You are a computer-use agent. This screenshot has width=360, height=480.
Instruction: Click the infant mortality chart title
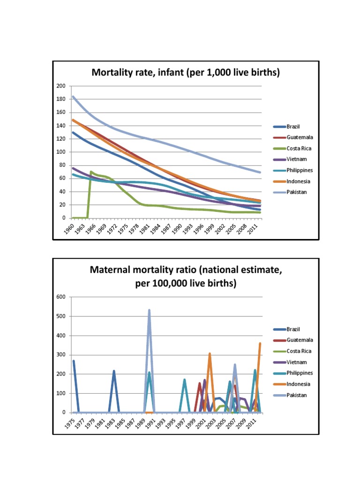[186, 73]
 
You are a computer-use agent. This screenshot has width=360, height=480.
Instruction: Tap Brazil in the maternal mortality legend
[295, 330]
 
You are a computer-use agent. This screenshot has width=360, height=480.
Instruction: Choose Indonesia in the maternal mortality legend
[299, 384]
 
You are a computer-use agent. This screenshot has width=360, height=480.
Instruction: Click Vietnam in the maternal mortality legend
[297, 362]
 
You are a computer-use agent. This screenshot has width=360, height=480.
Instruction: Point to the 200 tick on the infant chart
[61, 86]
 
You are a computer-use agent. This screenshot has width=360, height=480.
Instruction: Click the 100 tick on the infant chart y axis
[61, 152]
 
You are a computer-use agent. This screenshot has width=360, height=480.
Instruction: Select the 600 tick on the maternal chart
[61, 297]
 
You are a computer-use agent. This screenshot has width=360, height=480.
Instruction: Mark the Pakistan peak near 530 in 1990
[149, 310]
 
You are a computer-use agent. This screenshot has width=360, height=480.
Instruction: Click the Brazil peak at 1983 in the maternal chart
[114, 371]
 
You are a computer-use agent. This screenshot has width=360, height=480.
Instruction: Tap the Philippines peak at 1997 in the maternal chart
[185, 380]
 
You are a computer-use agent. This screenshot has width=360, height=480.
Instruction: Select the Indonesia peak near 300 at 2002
[210, 354]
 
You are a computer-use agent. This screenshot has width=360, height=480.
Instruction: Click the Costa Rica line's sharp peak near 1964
[90, 172]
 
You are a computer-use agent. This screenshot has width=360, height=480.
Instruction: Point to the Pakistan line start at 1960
[73, 97]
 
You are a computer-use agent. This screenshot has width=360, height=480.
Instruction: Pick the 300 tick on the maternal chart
[61, 355]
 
